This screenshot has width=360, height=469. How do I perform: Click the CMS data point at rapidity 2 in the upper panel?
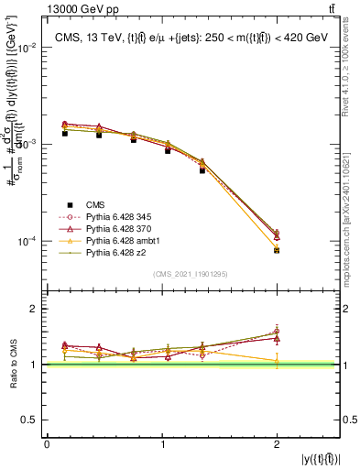point(276,249)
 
